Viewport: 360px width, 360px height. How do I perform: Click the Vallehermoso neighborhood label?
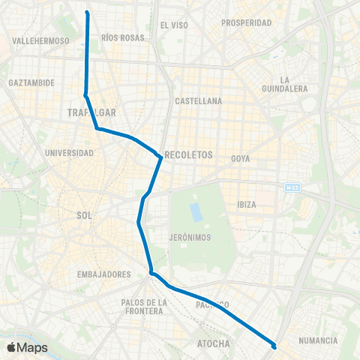(41, 40)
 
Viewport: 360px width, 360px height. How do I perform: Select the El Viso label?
(174, 25)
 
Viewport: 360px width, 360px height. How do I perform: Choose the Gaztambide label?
(30, 82)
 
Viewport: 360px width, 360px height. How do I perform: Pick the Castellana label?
(198, 100)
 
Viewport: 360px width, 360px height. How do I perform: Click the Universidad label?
(70, 153)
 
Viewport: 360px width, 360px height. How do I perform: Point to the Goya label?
(240, 159)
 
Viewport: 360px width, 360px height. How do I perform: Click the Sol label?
(84, 215)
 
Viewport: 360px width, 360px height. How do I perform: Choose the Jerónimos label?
(189, 237)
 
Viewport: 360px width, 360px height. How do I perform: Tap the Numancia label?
(318, 340)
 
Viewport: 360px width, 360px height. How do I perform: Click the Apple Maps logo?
(27, 347)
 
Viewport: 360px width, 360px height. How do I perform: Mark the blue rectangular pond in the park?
(196, 211)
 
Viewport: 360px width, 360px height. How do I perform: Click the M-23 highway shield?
(292, 187)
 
